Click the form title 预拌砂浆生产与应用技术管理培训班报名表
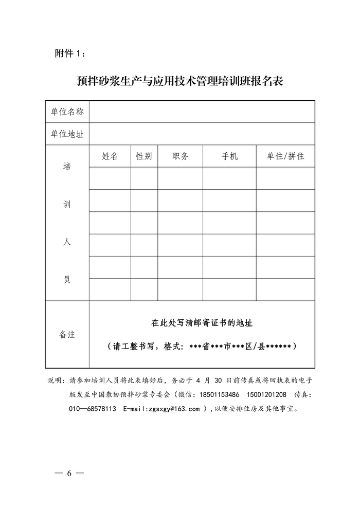click(x=179, y=81)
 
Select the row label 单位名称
click(x=67, y=112)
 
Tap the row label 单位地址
click(x=67, y=134)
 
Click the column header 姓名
click(x=110, y=156)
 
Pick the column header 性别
click(x=144, y=156)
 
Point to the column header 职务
click(x=180, y=156)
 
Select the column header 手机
click(x=229, y=156)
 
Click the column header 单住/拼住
click(x=285, y=156)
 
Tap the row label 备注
click(x=67, y=334)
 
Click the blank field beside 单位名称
click(x=201, y=112)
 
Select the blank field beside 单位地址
click(x=201, y=134)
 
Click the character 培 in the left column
click(x=67, y=167)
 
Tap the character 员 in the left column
click(x=67, y=280)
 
